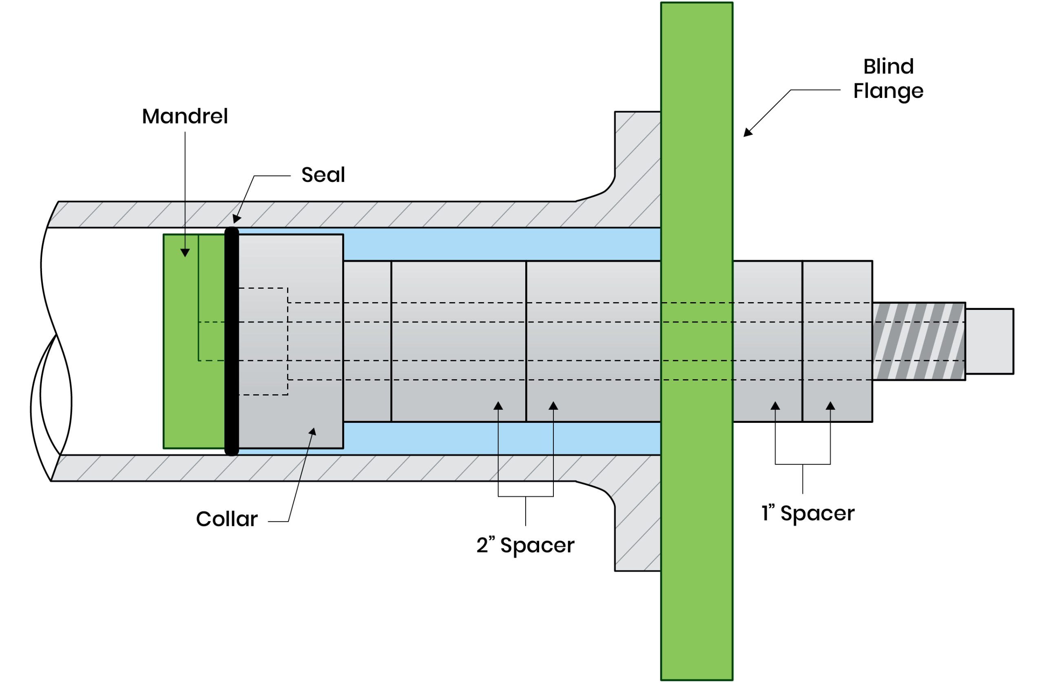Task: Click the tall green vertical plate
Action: tap(697, 132)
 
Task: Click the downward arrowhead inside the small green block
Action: tap(185, 253)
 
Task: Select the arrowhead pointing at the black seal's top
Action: tap(237, 219)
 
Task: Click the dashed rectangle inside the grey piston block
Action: tap(263, 341)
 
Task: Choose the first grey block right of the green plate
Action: tap(767, 341)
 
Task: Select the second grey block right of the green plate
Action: tap(836, 341)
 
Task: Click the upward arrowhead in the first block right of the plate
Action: tap(775, 406)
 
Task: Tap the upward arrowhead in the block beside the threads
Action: tap(830, 406)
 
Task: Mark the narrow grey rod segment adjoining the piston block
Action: tap(367, 341)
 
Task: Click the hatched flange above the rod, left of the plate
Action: tap(638, 175)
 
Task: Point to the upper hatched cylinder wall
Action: tap(307, 214)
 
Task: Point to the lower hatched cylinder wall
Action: tap(307, 468)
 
